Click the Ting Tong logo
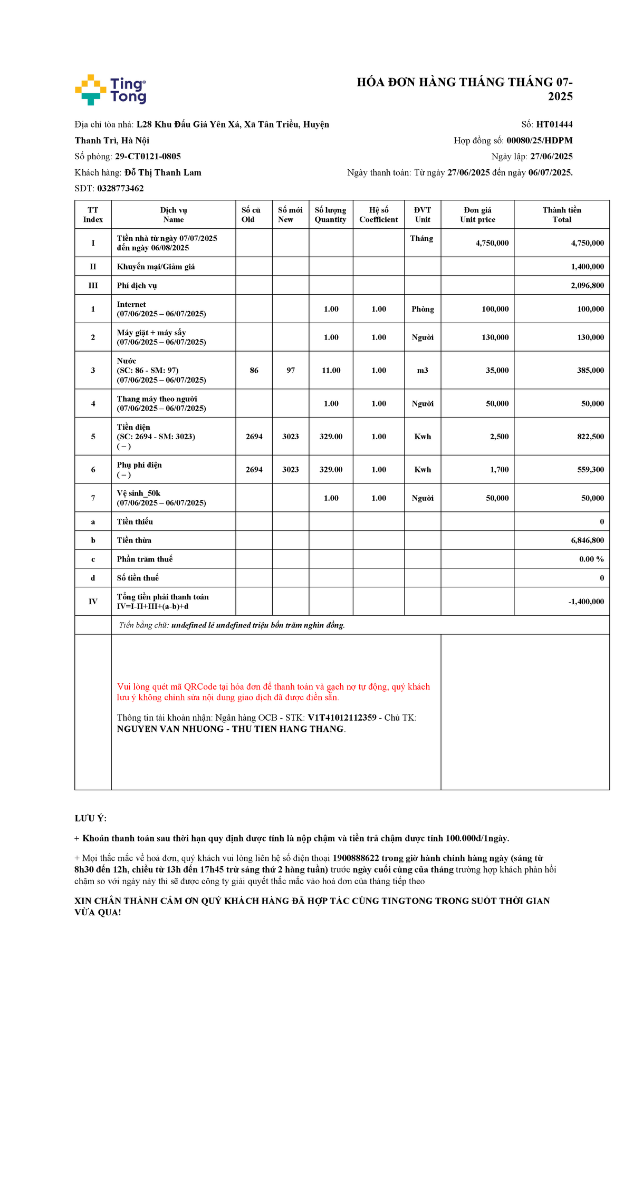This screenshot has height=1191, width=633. [111, 90]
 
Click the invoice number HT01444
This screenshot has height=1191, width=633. [554, 124]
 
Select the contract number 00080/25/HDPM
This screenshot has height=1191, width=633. [539, 140]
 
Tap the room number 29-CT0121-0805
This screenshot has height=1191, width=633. [148, 157]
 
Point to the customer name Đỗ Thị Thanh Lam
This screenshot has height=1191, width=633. [162, 172]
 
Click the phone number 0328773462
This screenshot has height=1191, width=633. [120, 188]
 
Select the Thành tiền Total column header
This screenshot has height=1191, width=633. [561, 215]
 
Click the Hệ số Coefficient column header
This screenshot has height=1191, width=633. [378, 215]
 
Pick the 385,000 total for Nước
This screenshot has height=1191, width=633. [590, 370]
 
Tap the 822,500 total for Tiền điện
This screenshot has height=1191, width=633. [590, 437]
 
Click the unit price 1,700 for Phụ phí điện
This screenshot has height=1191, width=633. [499, 469]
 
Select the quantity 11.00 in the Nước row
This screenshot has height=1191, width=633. [331, 370]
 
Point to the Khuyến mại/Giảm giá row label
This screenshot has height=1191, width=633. [156, 267]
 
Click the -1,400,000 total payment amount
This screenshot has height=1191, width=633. [586, 602]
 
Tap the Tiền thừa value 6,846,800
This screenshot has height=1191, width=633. [587, 540]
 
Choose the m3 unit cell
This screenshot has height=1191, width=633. [423, 370]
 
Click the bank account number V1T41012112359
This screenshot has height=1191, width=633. [342, 718]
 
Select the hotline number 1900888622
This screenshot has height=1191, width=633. [356, 858]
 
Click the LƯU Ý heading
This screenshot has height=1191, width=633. [90, 818]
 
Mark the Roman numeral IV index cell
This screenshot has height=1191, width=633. [93, 602]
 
